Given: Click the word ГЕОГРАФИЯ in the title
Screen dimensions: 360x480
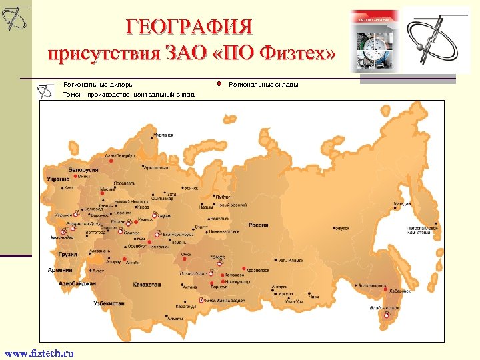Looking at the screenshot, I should tap(191, 27).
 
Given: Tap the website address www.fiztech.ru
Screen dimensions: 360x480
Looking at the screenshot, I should tap(39, 353).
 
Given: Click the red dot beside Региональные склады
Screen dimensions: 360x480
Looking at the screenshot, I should tap(219, 84).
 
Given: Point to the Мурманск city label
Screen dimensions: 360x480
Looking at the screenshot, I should tap(163, 135).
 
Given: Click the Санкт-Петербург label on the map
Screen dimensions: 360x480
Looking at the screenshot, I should tap(121, 155).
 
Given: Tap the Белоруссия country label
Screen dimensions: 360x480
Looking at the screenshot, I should tap(83, 170).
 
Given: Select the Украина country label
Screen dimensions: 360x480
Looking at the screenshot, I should tap(58, 179).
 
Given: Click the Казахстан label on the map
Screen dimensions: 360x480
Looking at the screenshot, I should tap(147, 285).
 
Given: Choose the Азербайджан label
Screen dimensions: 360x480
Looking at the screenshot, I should tap(77, 283).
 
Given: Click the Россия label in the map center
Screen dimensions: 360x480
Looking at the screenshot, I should tap(258, 225).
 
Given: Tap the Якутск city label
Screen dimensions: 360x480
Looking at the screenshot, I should tap(341, 227).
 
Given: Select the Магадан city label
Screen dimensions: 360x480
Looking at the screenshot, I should tap(401, 203).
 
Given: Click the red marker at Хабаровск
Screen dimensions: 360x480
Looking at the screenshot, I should tap(385, 289).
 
